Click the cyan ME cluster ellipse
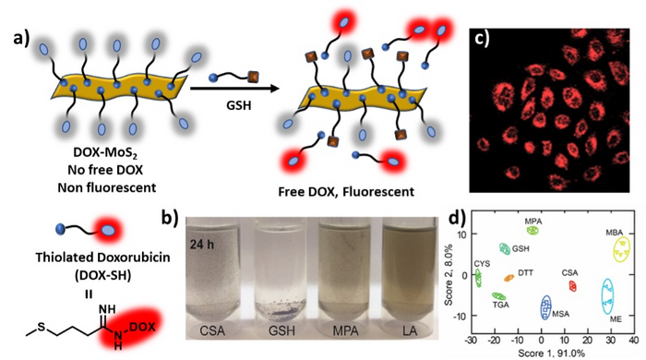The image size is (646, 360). coord(607,295)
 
